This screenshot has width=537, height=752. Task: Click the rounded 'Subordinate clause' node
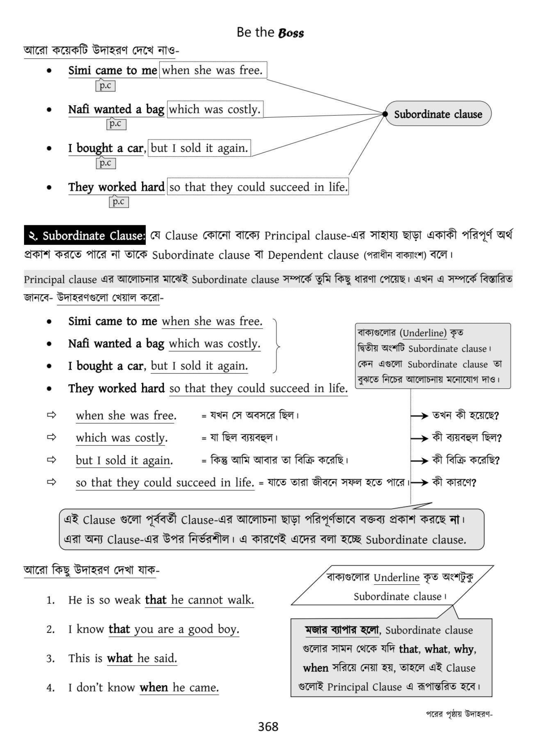438,114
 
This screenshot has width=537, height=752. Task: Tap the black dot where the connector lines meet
385,114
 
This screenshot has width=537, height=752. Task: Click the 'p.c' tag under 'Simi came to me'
105,86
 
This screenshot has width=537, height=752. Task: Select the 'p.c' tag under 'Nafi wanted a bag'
116,124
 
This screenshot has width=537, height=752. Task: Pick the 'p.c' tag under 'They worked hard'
119,202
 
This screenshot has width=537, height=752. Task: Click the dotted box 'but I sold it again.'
199,148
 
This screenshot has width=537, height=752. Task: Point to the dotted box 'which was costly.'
215,109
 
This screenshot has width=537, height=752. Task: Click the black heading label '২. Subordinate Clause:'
85,236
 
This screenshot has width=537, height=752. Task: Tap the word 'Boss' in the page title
291,33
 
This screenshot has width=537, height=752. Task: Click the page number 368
268,726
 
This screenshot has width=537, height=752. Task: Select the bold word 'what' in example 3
120,658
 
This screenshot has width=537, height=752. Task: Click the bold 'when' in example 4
154,688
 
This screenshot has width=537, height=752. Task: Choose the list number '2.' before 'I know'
50,629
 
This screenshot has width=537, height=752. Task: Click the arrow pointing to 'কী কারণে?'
419,483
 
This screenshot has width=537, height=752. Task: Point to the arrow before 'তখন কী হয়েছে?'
419,416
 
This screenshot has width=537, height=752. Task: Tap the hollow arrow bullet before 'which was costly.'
51,437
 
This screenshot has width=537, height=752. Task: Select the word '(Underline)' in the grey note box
423,333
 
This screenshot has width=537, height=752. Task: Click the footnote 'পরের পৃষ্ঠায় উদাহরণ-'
459,714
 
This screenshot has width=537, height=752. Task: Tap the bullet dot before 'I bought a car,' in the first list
49,149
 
